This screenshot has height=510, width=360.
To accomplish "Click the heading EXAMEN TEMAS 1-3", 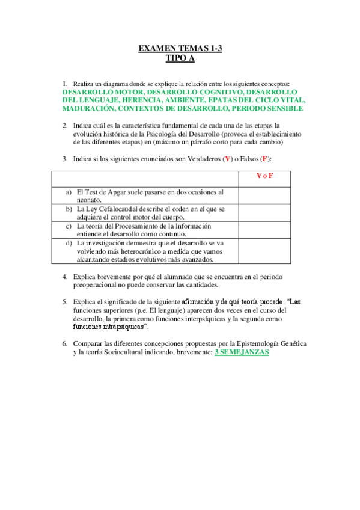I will tap(180, 48).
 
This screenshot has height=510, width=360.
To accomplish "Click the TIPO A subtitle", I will tap(180, 58).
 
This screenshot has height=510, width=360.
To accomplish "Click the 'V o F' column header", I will tap(265, 176).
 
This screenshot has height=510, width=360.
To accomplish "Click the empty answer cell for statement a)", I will tap(265, 195).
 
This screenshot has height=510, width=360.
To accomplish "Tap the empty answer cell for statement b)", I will tap(265, 213).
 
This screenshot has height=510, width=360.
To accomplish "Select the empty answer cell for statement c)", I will tap(265, 230).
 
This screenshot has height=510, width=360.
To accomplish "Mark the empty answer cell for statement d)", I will tap(265, 251).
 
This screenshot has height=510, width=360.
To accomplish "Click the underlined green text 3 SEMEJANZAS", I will tap(242, 352).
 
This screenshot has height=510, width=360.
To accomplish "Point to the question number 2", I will tap(64, 125).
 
